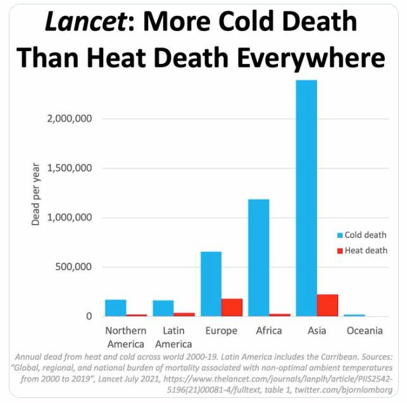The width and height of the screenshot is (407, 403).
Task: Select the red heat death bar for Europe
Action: [x=232, y=307]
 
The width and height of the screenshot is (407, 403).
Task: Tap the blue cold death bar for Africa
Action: [x=259, y=257]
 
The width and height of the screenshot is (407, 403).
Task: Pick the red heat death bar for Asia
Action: [x=327, y=305]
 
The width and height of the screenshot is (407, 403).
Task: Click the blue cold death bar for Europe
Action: [x=211, y=283]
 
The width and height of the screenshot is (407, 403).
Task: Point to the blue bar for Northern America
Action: [x=116, y=307]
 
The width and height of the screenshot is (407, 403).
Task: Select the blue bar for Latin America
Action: [x=163, y=308]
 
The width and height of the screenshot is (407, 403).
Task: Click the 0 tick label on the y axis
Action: [x=90, y=316]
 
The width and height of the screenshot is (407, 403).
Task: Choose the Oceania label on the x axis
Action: [x=365, y=331]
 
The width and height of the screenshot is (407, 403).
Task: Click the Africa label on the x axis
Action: [x=269, y=331]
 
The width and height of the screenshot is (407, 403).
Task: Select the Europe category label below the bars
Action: [x=222, y=331]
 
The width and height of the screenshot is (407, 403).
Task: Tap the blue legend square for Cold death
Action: [x=339, y=235]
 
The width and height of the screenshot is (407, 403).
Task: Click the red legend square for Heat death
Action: [x=339, y=251]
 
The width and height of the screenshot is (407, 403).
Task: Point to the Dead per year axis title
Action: [x=36, y=195]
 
